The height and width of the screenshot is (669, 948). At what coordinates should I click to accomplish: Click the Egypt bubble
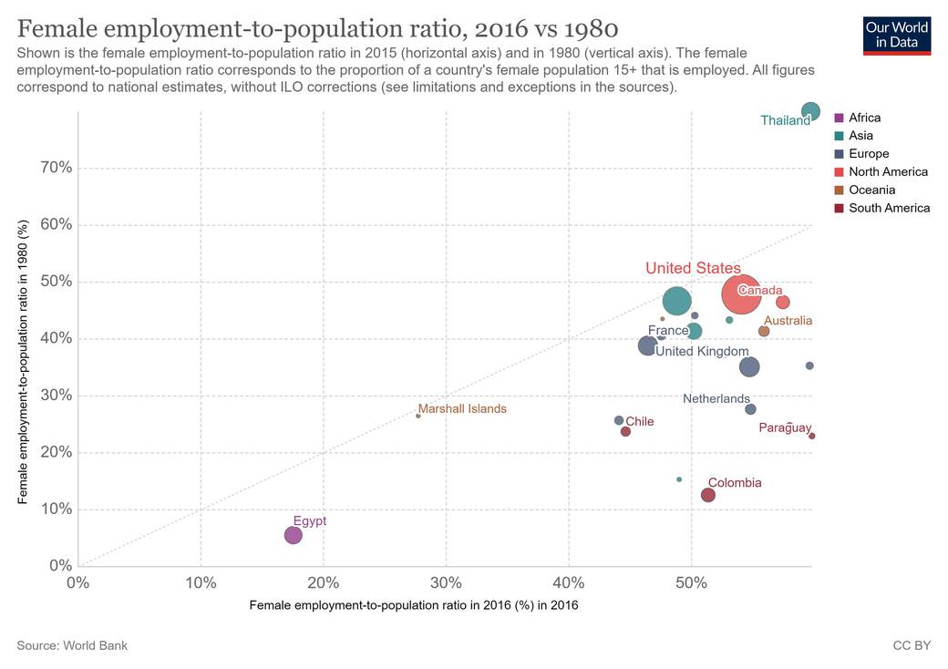click(293, 535)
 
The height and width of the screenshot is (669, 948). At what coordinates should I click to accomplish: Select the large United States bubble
click(742, 294)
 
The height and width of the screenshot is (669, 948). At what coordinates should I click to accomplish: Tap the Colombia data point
click(708, 495)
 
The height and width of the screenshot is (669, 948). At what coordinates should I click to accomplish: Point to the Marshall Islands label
click(462, 409)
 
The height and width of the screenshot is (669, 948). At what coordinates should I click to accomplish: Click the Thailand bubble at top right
click(810, 112)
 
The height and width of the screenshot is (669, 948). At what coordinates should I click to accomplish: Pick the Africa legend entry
click(864, 118)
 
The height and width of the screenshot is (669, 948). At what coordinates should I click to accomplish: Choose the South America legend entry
click(889, 208)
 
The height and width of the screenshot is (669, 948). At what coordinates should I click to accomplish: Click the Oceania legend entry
click(871, 190)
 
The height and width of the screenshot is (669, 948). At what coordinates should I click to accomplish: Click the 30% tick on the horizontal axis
click(446, 582)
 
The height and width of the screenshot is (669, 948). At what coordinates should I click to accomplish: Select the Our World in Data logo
click(897, 35)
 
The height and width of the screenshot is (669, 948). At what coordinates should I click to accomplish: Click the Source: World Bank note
click(72, 645)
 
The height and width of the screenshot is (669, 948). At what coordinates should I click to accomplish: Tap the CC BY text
click(912, 645)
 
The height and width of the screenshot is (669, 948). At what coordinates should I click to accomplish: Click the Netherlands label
click(716, 399)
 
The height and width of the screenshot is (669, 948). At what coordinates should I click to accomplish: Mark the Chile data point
click(625, 431)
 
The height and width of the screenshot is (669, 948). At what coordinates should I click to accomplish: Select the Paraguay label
click(785, 427)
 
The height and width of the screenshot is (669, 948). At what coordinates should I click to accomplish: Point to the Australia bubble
click(764, 331)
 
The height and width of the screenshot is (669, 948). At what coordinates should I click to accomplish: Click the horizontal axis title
click(413, 604)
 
